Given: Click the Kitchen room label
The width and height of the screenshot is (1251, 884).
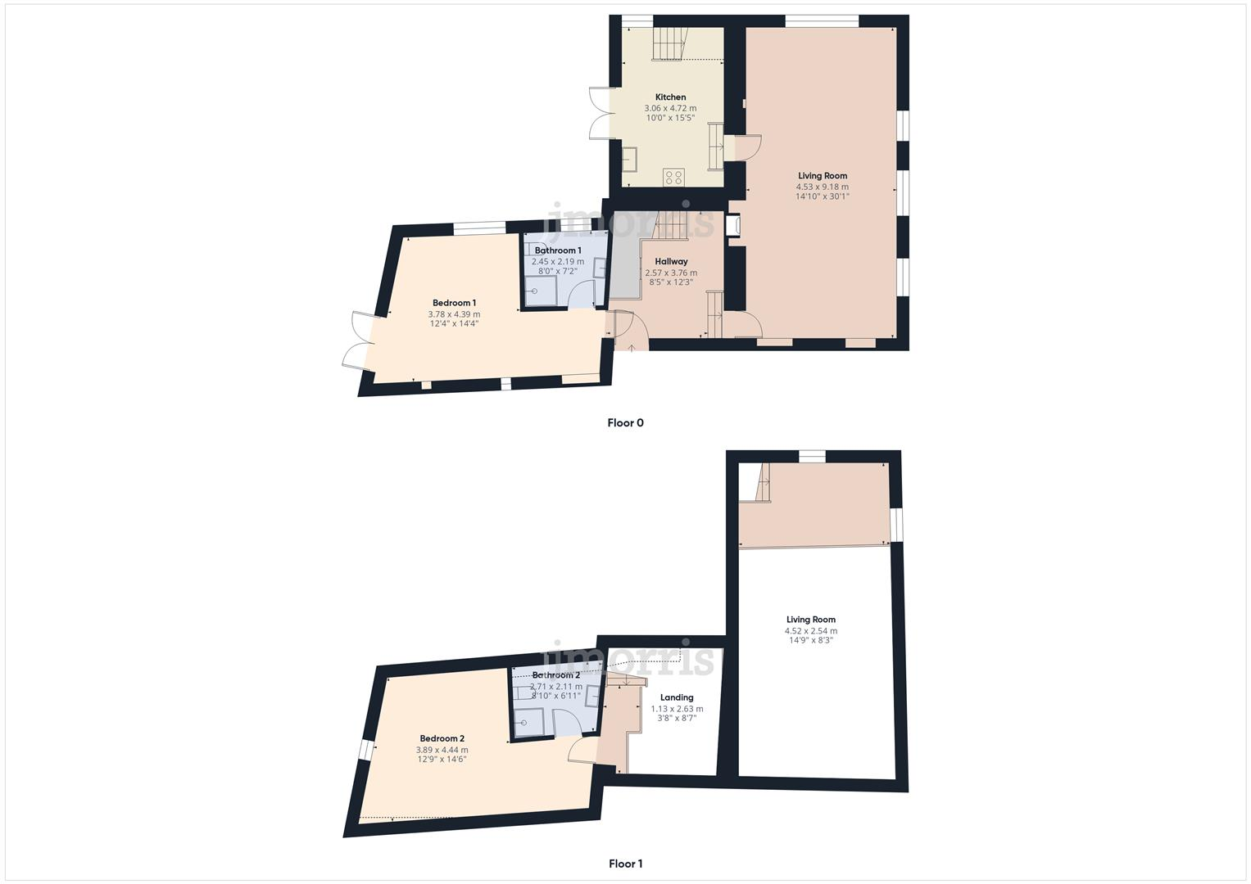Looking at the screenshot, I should click(x=670, y=97).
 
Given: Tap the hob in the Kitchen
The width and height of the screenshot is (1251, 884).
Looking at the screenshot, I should click(x=673, y=176).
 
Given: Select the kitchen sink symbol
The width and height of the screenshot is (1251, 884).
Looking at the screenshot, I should click(x=630, y=159).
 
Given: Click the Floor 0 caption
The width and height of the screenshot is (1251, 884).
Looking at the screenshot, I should click(x=625, y=423).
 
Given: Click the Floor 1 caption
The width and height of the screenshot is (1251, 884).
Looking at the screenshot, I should click(x=625, y=864).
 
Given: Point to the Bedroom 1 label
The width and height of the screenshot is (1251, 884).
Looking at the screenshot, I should click(x=454, y=303).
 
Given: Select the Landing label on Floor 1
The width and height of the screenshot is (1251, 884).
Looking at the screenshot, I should click(x=677, y=698).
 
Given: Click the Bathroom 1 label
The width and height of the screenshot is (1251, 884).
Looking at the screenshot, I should click(x=558, y=250).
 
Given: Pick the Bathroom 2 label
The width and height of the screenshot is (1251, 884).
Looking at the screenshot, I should click(x=555, y=675).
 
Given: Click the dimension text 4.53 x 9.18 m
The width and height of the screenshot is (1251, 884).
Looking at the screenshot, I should click(x=823, y=187).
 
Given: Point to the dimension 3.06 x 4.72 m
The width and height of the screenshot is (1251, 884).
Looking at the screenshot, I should click(x=670, y=108).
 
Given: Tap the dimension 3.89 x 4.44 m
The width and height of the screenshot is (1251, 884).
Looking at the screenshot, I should click(x=442, y=750).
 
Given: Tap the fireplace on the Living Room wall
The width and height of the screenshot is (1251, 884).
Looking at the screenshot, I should click(x=732, y=227).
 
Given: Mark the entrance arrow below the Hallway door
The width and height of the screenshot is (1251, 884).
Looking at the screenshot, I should click(x=632, y=348).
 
